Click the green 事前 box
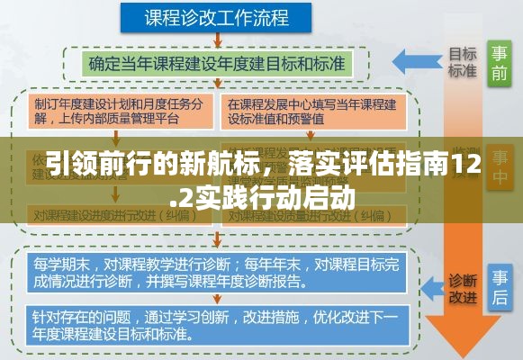[500, 63]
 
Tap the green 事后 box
[500, 286]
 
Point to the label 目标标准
[463, 61]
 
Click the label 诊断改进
[463, 287]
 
